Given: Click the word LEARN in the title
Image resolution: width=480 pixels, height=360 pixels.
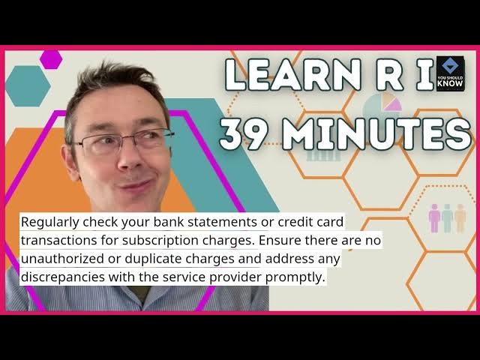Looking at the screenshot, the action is coord(293,75).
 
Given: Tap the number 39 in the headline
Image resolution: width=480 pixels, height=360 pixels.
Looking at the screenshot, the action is coord(243,134).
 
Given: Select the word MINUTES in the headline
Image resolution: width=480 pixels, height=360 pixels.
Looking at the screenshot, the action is coord(376,134).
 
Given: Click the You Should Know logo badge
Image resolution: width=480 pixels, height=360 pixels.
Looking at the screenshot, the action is coord(451,73).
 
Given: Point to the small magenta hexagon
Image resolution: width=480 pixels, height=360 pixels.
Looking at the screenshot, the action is coord(51,59).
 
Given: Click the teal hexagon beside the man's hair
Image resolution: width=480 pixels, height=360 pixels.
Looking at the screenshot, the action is coord(28,86).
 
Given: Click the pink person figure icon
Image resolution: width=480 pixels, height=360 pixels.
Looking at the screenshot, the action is coord(434,218).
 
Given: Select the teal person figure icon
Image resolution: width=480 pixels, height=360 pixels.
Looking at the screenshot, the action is coord(447,218).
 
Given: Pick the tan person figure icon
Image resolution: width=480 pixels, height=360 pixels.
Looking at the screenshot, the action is coord(460,218).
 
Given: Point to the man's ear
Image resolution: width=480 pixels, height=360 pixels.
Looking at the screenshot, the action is coord(70,162).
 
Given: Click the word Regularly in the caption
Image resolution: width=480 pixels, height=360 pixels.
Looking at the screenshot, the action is coord(50,222).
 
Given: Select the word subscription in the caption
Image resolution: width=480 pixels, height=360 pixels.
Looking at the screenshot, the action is coord(163,241).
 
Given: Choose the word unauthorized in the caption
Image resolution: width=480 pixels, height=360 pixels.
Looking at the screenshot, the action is coord(62,259).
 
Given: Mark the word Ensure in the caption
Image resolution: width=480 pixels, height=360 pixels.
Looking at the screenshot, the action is coord(279,241).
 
